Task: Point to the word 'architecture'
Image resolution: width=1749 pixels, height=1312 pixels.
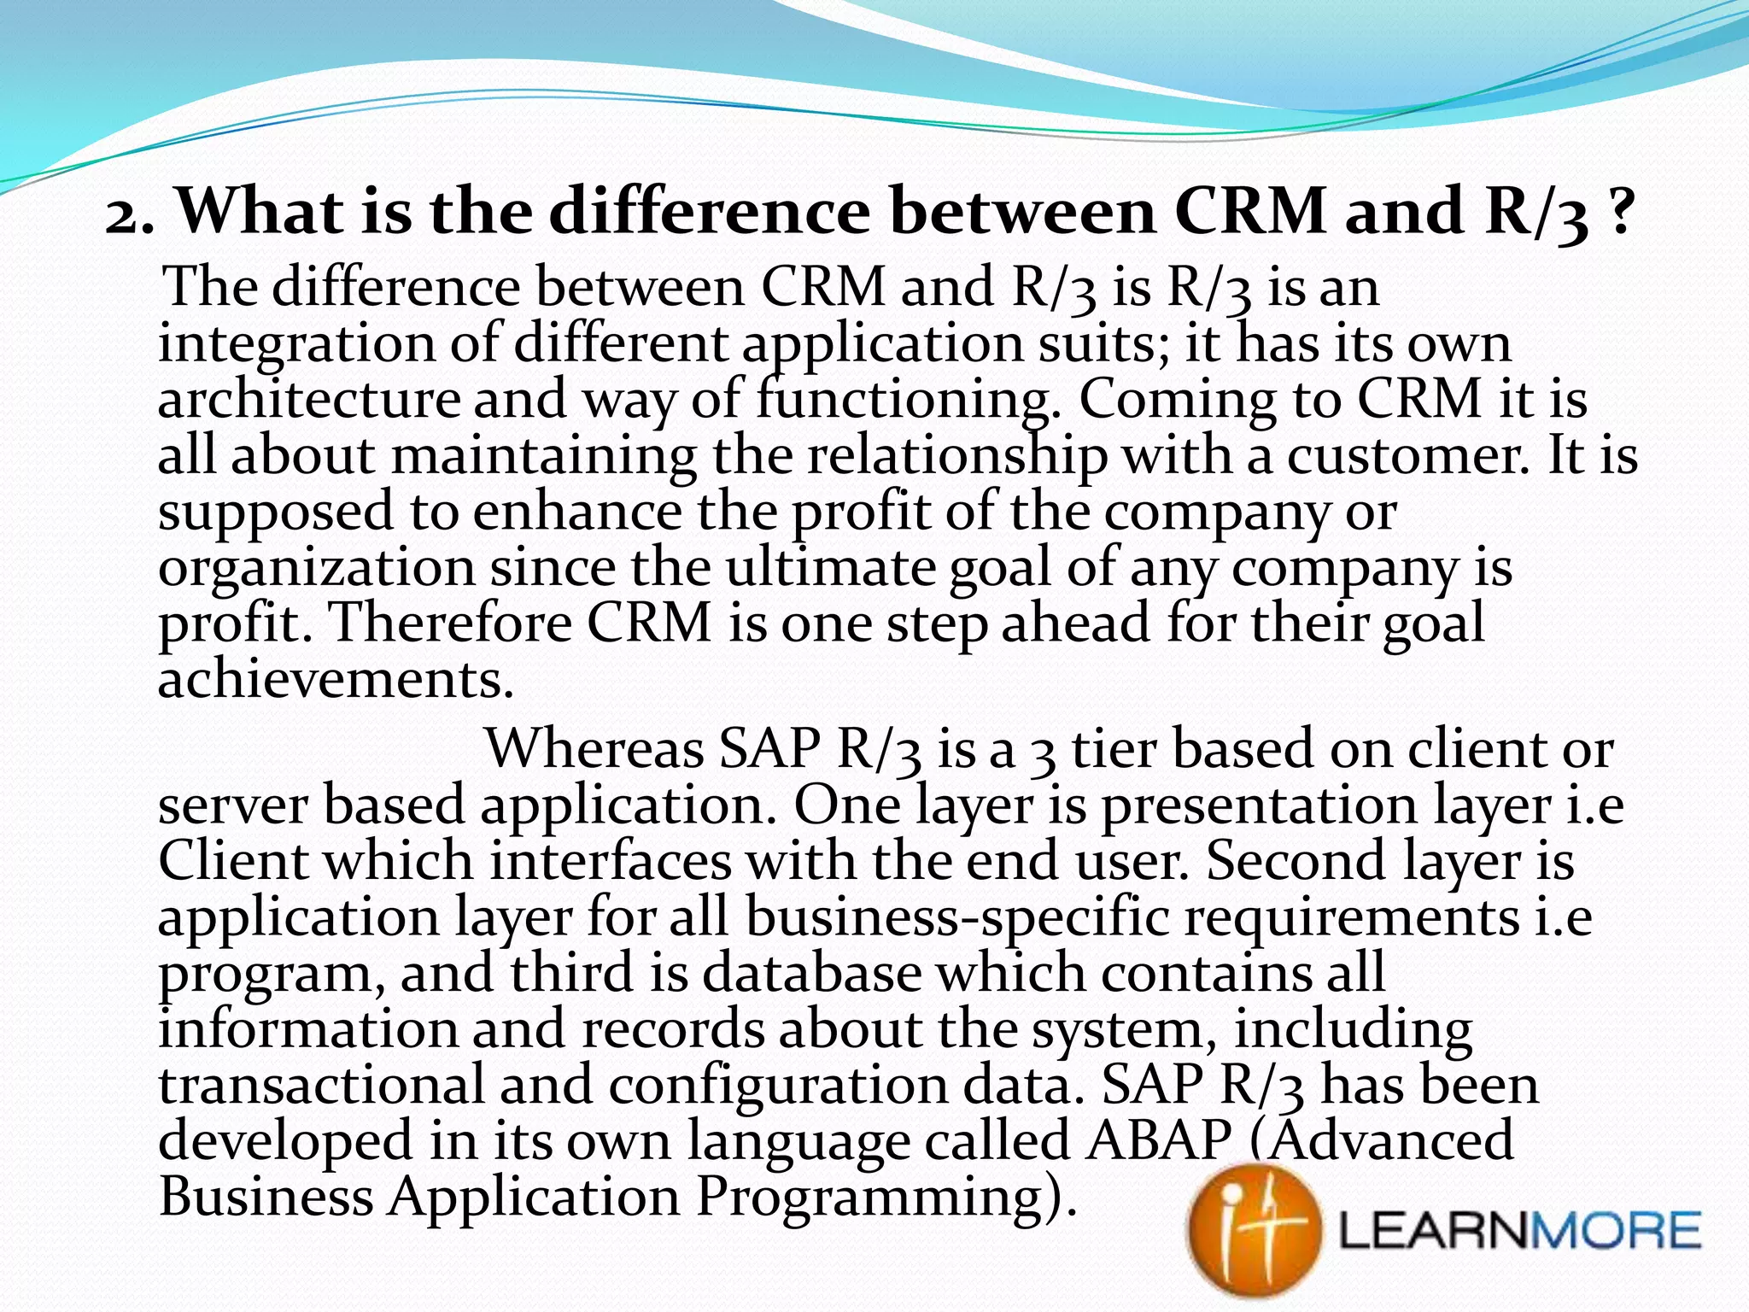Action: coord(308,401)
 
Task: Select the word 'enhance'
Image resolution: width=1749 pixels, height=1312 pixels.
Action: coord(577,512)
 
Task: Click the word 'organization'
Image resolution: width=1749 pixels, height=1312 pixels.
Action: coord(316,569)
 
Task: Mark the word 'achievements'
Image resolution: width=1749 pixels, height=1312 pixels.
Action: coord(336,680)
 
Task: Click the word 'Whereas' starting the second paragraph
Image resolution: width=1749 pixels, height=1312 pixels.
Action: coord(593,749)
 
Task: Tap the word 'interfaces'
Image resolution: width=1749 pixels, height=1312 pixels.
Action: coord(611,861)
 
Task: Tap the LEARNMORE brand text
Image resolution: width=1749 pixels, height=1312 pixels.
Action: coord(1519,1231)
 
